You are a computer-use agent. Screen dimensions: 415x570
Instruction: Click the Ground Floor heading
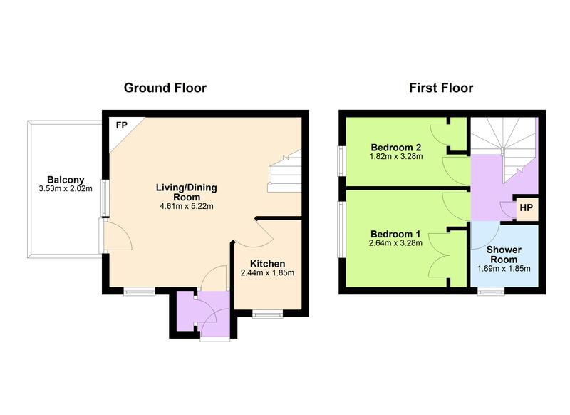pyautogui.click(x=165, y=88)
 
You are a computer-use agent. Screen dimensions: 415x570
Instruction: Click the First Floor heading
pyautogui.click(x=441, y=88)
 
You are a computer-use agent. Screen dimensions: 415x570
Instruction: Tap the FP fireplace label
pyautogui.click(x=123, y=125)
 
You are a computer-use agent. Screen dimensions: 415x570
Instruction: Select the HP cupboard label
pyautogui.click(x=526, y=207)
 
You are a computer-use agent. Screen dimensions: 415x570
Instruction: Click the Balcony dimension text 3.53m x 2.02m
pyautogui.click(x=66, y=190)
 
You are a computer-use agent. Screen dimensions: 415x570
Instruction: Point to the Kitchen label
pyautogui.click(x=268, y=263)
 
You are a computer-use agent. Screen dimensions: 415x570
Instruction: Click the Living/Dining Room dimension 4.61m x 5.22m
pyautogui.click(x=187, y=206)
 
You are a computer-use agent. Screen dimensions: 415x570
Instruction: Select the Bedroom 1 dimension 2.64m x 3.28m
pyautogui.click(x=396, y=243)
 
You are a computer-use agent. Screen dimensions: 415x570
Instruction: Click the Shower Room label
pyautogui.click(x=504, y=255)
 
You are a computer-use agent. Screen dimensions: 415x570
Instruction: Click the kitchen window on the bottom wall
pyautogui.click(x=268, y=312)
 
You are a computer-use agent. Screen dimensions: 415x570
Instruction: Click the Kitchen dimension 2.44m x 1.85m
pyautogui.click(x=268, y=273)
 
